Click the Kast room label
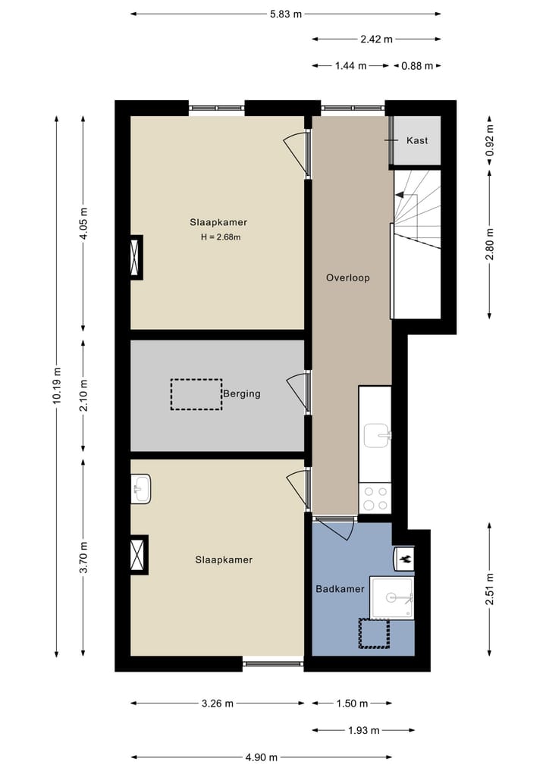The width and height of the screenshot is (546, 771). coord(417,141)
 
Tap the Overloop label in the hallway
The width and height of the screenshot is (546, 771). coord(347,277)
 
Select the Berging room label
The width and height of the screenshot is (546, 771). coord(242,393)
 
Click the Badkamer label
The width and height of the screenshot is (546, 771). coord(340,588)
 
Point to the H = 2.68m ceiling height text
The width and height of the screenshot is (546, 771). coord(221,237)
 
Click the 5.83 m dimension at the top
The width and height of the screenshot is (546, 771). coord(285,14)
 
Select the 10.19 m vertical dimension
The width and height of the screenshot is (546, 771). coord(58,387)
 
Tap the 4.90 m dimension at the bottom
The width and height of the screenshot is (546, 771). coord(261,757)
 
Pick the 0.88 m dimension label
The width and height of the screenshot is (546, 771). coord(418,66)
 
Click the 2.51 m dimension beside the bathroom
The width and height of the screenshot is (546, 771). coord(490,588)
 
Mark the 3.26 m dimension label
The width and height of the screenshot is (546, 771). coord(218,704)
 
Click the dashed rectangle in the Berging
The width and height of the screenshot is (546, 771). coord(196,394)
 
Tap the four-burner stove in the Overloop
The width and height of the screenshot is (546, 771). coord(375,499)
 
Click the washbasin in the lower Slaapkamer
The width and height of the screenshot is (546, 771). coord(140,488)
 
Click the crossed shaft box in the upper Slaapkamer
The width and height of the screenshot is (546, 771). coord(136,257)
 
